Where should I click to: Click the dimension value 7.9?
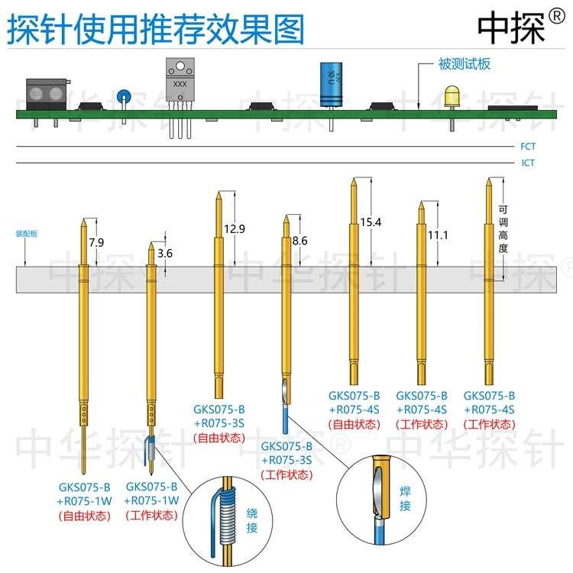(x=95, y=242)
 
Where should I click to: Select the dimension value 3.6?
(x=165, y=254)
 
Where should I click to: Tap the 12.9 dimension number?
(x=236, y=228)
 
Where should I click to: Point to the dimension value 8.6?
(x=299, y=241)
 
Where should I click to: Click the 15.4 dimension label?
(x=370, y=222)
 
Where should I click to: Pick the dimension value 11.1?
(x=437, y=235)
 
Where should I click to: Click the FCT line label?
(x=528, y=145)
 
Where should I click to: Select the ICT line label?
(x=528, y=163)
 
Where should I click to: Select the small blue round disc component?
(x=122, y=97)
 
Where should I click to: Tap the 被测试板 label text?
(x=464, y=65)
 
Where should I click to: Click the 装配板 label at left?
(x=27, y=234)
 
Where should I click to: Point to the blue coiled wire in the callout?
(x=226, y=516)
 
